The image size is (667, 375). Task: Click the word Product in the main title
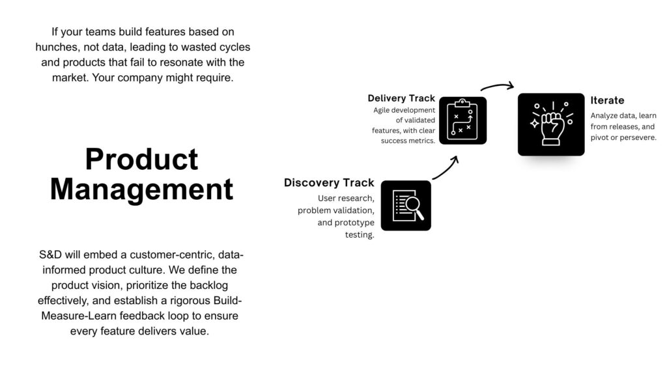point(141,160)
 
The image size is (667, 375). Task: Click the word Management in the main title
point(141,189)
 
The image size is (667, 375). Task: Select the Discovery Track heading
point(329,183)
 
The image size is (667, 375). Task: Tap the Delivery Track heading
point(401,98)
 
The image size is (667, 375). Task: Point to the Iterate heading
point(607,100)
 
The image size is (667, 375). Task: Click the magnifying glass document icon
point(406,206)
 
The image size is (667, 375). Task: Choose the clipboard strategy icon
point(462,120)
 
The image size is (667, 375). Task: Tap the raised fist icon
point(551,124)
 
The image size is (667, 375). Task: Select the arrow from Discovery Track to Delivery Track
point(446,167)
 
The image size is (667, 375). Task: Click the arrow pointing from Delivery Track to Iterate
point(498,86)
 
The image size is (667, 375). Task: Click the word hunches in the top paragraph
point(59,48)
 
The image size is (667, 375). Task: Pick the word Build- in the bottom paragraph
point(225,301)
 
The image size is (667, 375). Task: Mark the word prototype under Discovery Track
point(353,223)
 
